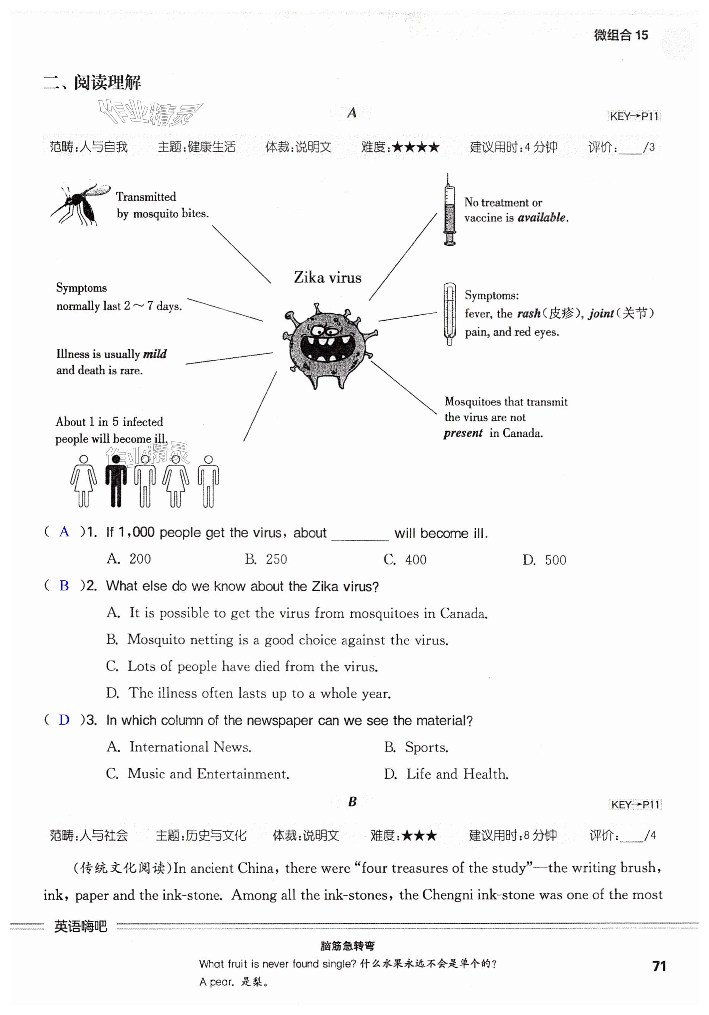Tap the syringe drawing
coord(449,210)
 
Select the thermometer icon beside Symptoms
coord(450,313)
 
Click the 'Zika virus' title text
coord(328,278)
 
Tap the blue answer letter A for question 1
coord(64,532)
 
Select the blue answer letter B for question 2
coord(64,586)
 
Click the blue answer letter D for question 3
coord(64,720)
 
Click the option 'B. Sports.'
coord(416,747)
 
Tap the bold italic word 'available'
coord(542,218)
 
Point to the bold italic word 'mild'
coord(155,354)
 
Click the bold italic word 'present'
coord(463,433)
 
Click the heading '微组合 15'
coord(621,35)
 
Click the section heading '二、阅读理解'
coord(92,83)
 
